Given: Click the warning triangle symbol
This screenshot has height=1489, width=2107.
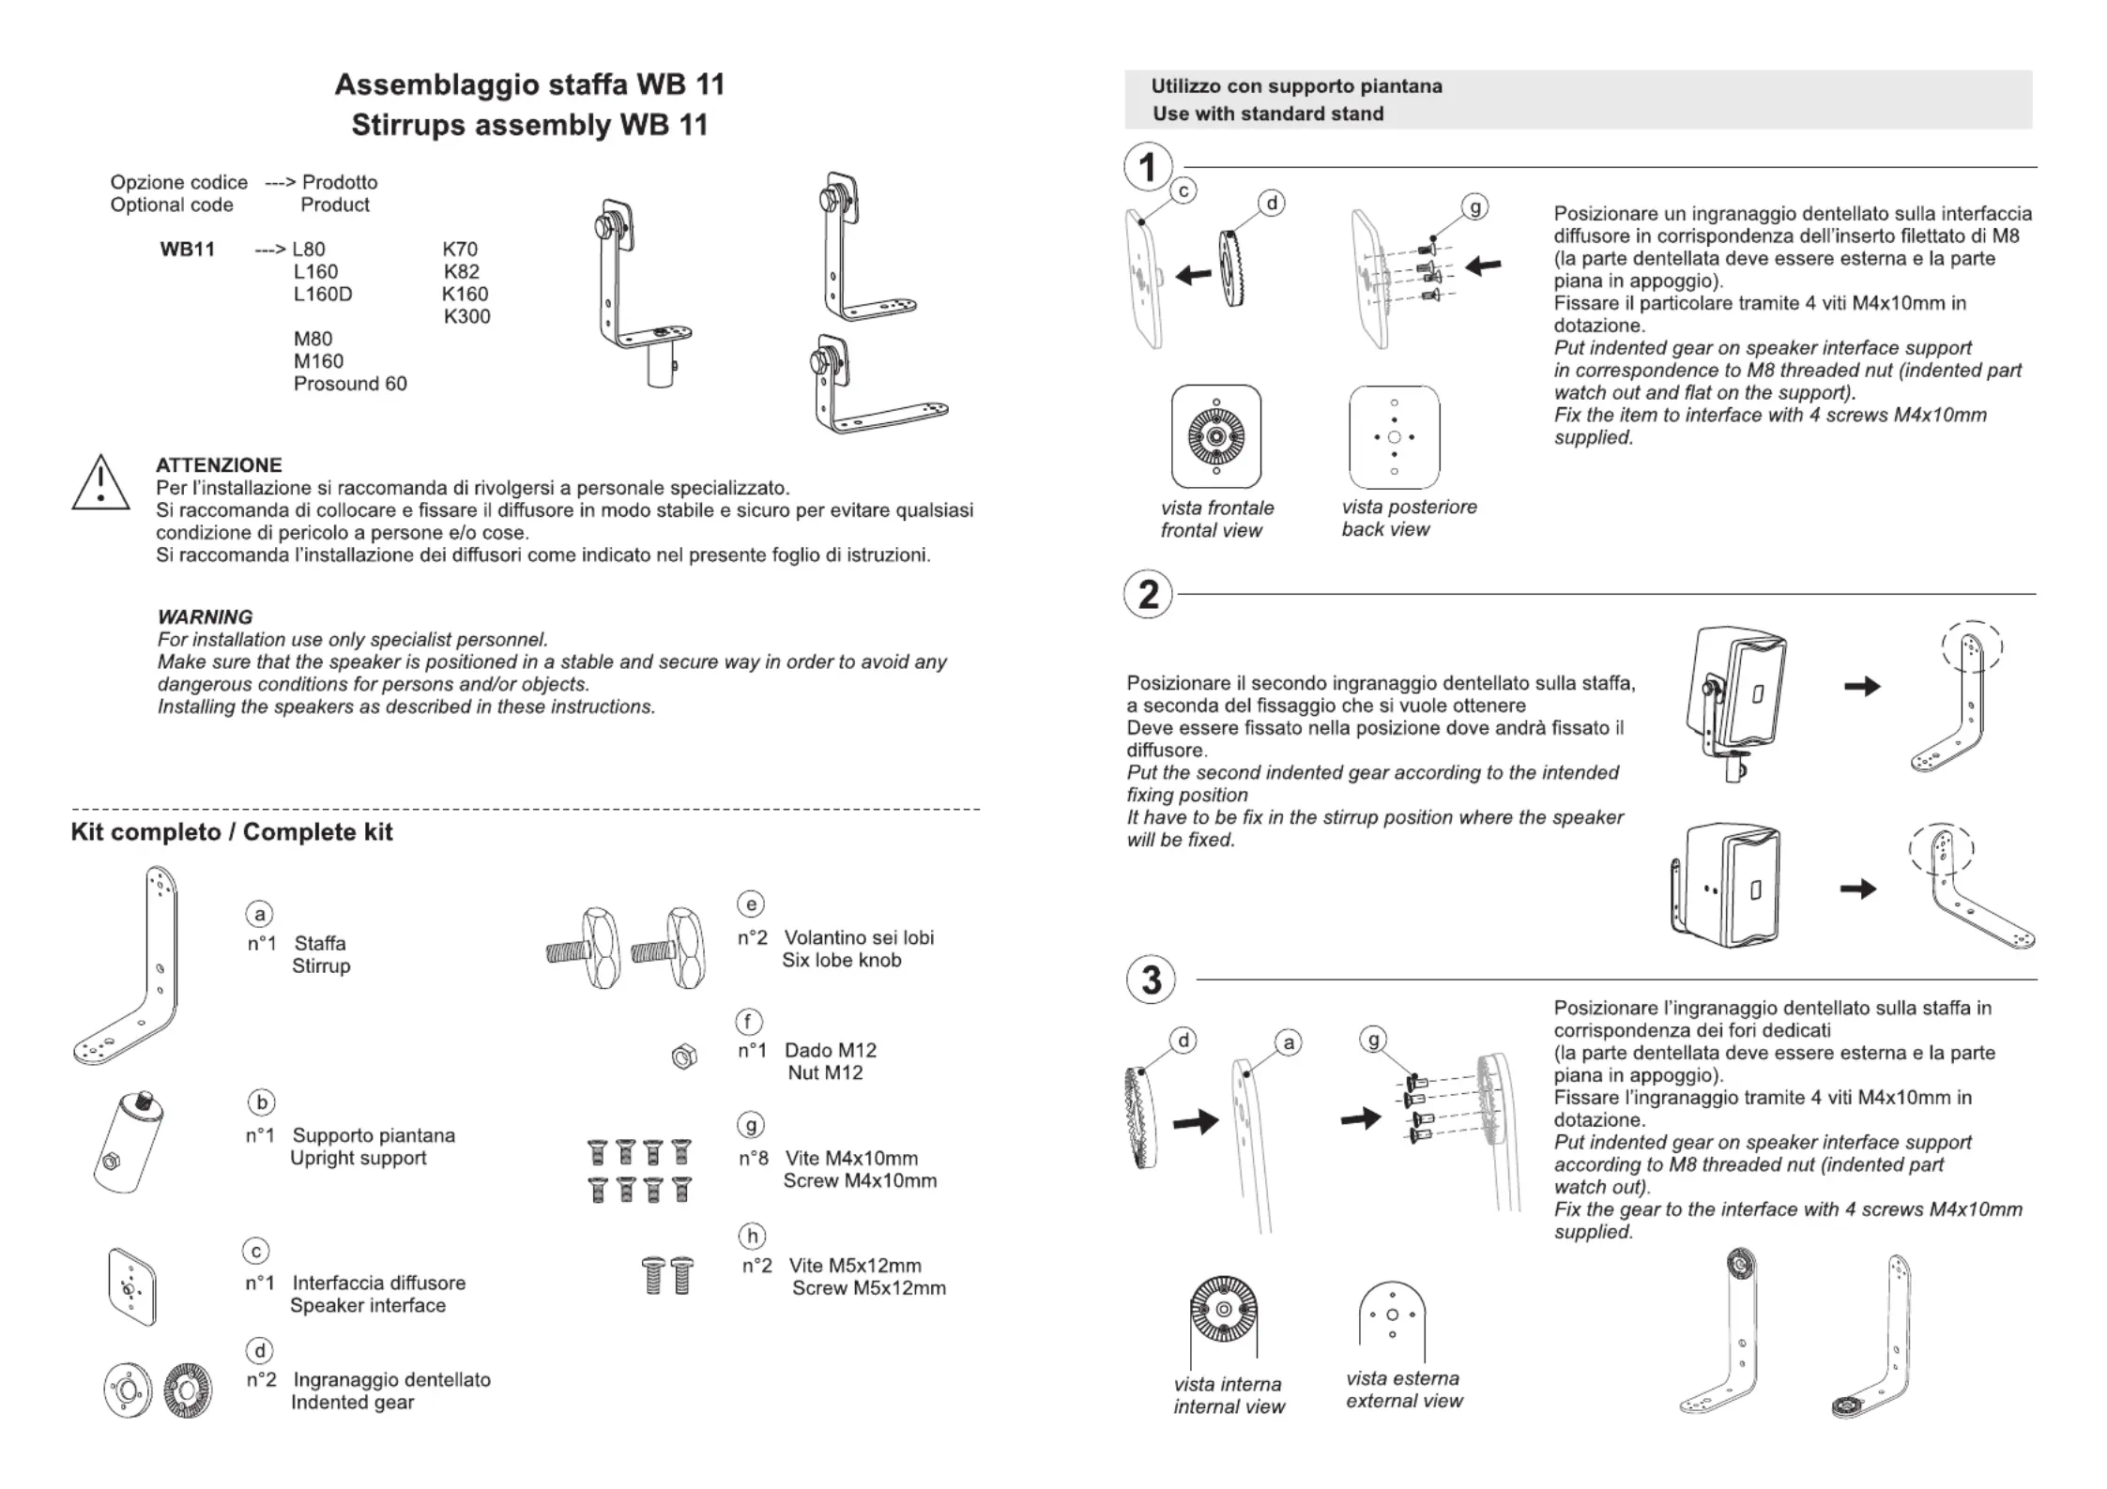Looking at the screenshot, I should point(100,483).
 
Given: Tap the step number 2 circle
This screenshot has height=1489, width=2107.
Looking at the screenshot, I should point(1148,595).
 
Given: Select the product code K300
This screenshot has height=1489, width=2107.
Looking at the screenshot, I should point(466,316).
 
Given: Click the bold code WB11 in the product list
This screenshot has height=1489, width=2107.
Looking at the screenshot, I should point(188,249).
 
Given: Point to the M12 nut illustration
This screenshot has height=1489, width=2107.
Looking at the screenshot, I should point(684,1057).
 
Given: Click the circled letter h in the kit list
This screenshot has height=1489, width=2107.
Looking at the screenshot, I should point(752,1237).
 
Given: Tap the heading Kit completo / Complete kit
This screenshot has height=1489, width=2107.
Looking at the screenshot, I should point(232,832).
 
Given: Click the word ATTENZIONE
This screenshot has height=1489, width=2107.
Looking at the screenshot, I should point(219,465).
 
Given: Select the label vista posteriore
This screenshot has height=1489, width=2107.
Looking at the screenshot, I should point(1409,507).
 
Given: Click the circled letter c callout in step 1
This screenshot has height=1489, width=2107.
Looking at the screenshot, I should point(1183,191).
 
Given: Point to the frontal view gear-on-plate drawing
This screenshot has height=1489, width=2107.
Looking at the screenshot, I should point(1215,436).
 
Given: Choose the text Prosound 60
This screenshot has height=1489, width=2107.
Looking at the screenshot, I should point(350,384).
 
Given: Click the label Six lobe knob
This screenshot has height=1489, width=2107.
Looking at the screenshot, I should point(841,960).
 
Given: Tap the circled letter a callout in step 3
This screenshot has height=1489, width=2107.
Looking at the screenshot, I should point(1289,1042).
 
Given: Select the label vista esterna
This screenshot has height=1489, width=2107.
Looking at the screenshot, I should point(1402,1378).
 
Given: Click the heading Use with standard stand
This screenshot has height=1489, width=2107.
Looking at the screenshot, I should point(1268,114).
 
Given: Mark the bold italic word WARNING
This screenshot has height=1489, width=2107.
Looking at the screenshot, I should point(205,617).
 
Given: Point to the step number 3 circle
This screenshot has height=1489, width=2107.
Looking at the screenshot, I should point(1151,980).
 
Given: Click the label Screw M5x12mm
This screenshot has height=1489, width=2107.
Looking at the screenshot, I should point(868,1288).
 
